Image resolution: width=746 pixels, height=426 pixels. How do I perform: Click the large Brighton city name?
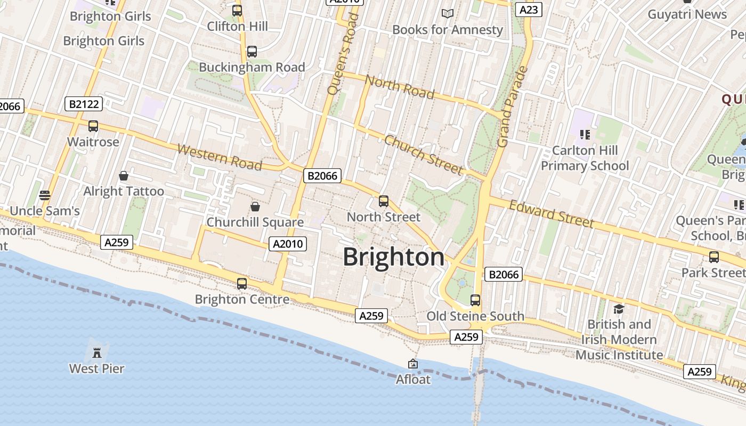coord(393,257)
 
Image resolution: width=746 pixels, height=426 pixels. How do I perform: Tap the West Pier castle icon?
coord(97,353)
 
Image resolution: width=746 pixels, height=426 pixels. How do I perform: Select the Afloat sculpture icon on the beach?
coord(413,364)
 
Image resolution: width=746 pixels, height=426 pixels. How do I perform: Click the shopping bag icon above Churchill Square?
coord(255,206)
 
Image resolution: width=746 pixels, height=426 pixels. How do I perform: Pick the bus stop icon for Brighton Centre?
coord(242,283)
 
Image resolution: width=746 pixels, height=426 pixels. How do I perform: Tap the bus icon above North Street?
coord(384,201)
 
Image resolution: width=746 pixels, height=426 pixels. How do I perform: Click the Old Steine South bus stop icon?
coord(475,300)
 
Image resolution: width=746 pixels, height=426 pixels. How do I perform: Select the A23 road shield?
coord(529,10)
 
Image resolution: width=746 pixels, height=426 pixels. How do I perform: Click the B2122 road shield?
coord(84,104)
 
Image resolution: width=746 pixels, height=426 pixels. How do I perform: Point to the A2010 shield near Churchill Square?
coord(288,244)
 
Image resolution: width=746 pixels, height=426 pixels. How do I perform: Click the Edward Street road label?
coord(551,214)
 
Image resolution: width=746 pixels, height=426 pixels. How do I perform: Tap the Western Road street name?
coord(220,157)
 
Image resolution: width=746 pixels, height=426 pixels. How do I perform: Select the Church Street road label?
coord(423,154)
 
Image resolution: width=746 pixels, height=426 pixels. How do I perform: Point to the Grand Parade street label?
coord(512,106)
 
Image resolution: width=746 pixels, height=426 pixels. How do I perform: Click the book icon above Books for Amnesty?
coord(448,13)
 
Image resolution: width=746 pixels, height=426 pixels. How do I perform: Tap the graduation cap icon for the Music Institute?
coord(618,309)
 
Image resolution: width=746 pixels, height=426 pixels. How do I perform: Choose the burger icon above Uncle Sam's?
coord(45,195)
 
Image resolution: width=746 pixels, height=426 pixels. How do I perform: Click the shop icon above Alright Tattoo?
coord(124,176)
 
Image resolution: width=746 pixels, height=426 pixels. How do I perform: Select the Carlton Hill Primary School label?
coord(585,158)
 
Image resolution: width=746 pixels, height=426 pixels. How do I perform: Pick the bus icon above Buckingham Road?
coord(252,52)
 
